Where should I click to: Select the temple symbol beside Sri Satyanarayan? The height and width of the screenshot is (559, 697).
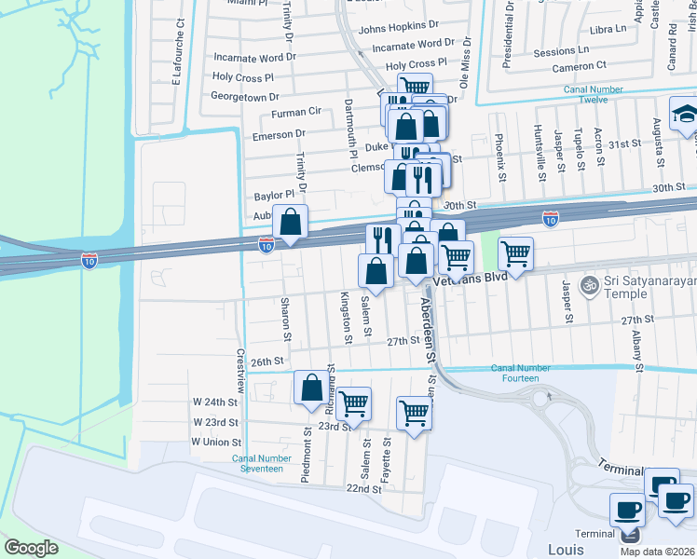click(588, 284)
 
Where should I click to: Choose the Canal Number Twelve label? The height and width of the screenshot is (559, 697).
click(586, 94)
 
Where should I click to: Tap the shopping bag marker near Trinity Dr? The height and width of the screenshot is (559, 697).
click(291, 222)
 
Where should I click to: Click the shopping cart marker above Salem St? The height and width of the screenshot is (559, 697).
click(353, 404)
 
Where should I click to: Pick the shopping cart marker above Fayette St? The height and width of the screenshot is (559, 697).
click(414, 414)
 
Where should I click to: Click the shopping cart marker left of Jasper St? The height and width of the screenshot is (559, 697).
click(515, 252)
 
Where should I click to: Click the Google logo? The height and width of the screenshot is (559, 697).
click(31, 548)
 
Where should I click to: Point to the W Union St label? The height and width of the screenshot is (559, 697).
click(216, 443)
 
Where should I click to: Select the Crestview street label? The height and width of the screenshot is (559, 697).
click(239, 372)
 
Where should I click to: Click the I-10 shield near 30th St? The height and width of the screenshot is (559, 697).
click(551, 219)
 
